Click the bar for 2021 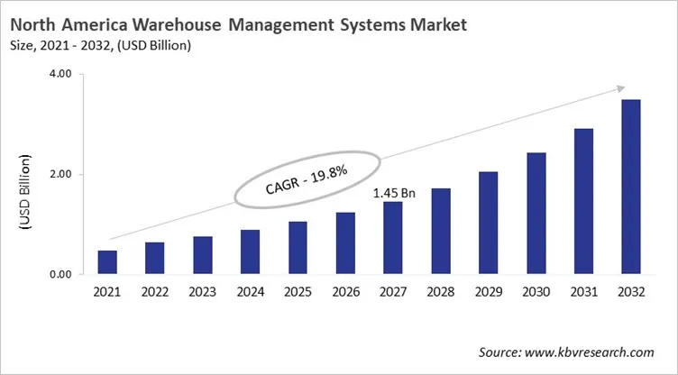tap(107, 262)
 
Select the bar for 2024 tap(250, 252)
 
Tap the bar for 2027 tap(393, 238)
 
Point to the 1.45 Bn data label tap(393, 193)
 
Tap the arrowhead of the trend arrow tap(620, 87)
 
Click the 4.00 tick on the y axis tap(60, 75)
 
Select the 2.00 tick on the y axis tap(60, 175)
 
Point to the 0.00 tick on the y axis tap(60, 275)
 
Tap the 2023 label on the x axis tap(202, 293)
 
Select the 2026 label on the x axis tap(345, 293)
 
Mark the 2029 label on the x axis tap(488, 293)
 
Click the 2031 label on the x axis tap(583, 293)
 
